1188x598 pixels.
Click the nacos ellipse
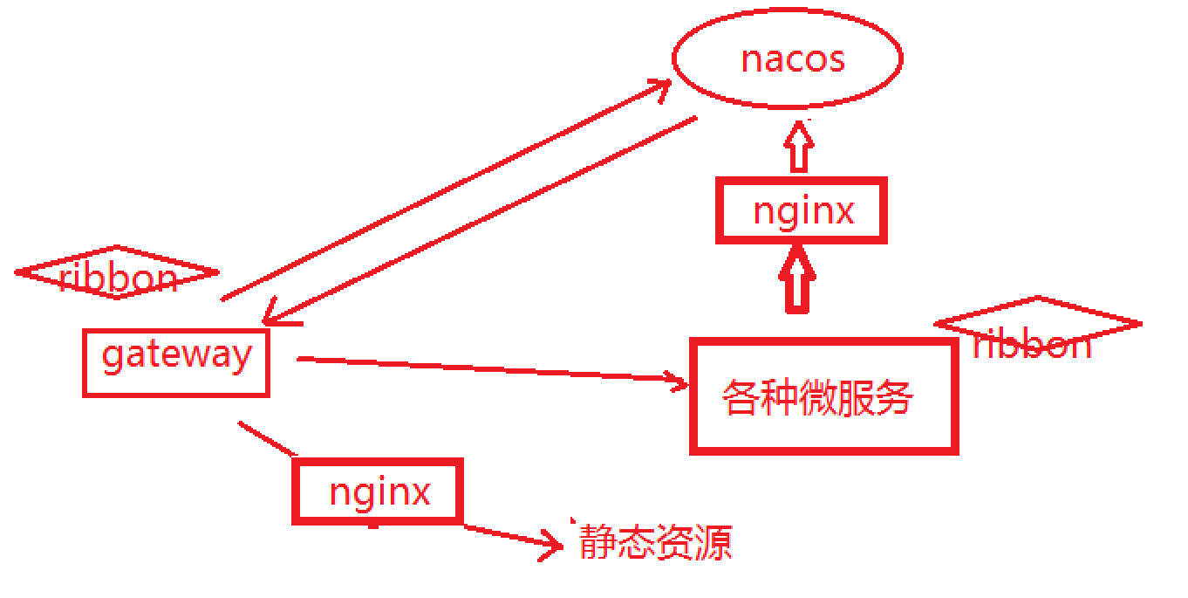click(x=788, y=58)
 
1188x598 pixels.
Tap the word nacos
click(x=793, y=59)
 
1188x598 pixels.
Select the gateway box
click(x=176, y=363)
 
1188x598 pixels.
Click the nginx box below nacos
click(x=802, y=210)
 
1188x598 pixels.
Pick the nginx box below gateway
click(x=378, y=491)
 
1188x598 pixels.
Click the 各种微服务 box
click(x=824, y=396)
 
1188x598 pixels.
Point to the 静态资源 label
click(x=656, y=542)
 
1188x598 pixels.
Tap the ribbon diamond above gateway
click(x=117, y=272)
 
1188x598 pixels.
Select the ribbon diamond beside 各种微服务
click(x=1038, y=324)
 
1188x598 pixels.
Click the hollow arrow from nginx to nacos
click(x=799, y=147)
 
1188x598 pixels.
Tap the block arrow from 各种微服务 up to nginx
click(x=797, y=279)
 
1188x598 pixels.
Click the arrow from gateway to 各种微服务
click(x=492, y=370)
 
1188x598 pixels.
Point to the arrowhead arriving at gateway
click(x=278, y=313)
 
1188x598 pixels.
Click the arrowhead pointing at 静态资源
click(x=551, y=545)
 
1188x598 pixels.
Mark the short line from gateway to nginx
click(x=268, y=439)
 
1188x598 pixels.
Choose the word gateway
click(x=176, y=355)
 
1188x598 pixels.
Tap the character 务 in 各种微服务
click(x=894, y=397)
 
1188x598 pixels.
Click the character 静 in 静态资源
click(x=598, y=542)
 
